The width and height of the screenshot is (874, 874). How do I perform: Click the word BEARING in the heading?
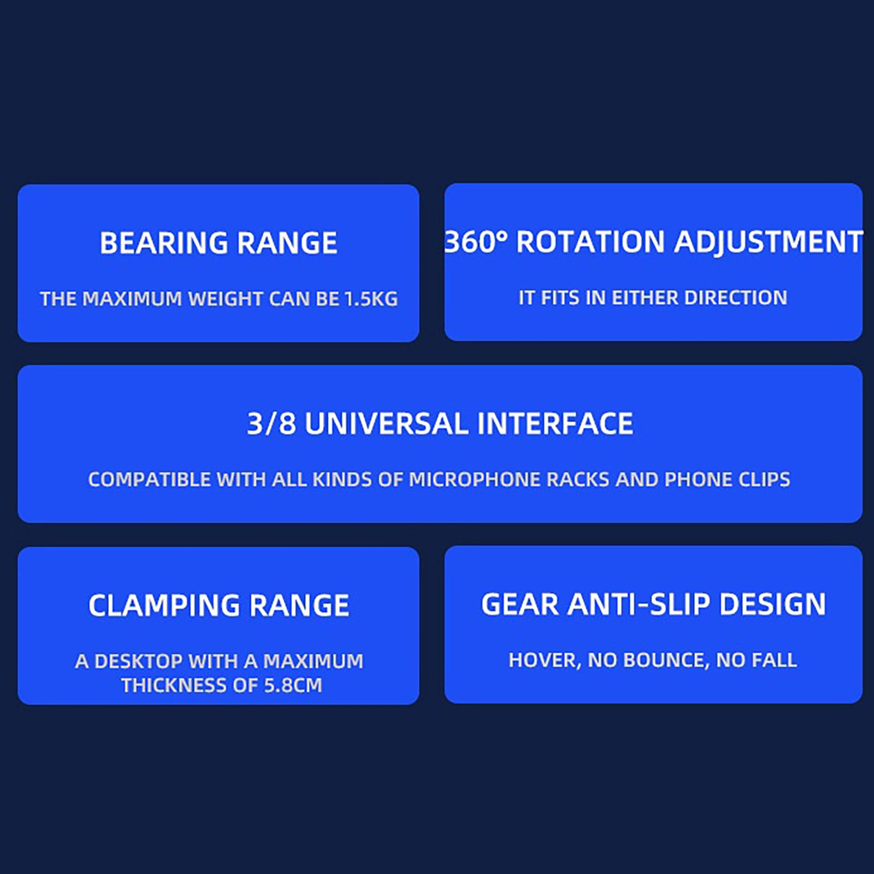pos(164,243)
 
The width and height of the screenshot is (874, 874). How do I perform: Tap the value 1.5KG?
pos(371,299)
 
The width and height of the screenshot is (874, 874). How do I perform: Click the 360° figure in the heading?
pos(475,242)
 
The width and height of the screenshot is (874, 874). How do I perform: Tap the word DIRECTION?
pos(735,298)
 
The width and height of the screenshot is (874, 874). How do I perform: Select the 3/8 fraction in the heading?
pos(271,424)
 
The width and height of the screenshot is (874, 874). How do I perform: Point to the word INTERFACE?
pos(555,424)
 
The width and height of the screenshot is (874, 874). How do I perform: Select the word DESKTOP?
pos(138,662)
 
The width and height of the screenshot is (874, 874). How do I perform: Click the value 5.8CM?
pos(293,686)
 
